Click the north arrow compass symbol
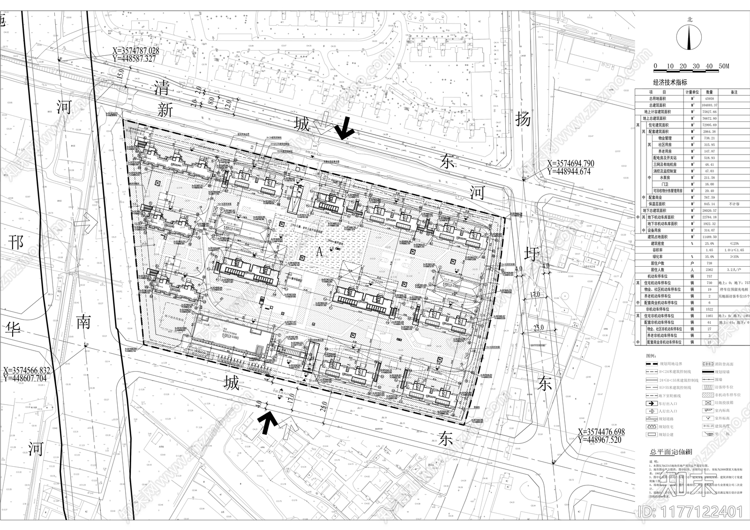690,37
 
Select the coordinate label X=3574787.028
136,51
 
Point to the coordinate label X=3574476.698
602,432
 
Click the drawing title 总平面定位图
670,452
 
